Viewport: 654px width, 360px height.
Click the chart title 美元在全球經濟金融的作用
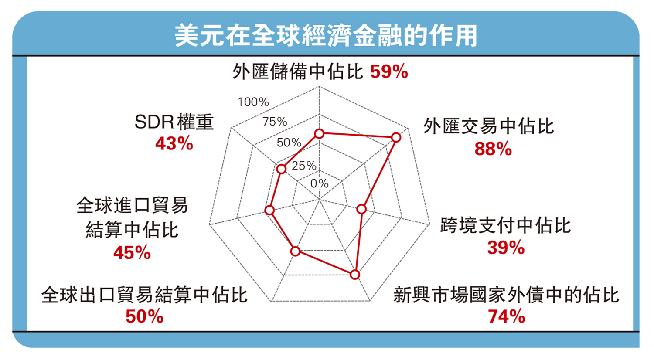pyautogui.click(x=326, y=35)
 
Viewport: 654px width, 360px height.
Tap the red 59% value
pyautogui.click(x=389, y=71)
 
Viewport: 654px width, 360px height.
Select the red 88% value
pyautogui.click(x=493, y=149)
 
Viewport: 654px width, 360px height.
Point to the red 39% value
pyautogui.click(x=506, y=248)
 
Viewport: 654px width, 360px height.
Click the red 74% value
pyautogui.click(x=506, y=316)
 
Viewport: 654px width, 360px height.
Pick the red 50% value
pyautogui.click(x=144, y=316)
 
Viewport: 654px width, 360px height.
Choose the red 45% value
pyautogui.click(x=132, y=253)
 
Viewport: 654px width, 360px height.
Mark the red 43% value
pyautogui.click(x=174, y=144)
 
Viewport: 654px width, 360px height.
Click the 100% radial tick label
pyautogui.click(x=253, y=102)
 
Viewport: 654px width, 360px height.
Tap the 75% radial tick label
pyautogui.click(x=275, y=122)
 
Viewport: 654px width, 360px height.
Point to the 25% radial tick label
pyautogui.click(x=304, y=166)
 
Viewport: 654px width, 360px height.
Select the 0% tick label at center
pyautogui.click(x=320, y=183)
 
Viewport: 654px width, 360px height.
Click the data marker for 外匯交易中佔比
pyautogui.click(x=396, y=138)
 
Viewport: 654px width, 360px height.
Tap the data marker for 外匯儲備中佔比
pyautogui.click(x=320, y=134)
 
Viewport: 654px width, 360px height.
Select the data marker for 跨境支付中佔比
pyautogui.click(x=361, y=209)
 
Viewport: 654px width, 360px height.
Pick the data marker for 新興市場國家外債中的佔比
pyautogui.click(x=355, y=275)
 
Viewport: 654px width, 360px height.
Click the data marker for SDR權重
pyautogui.click(x=281, y=169)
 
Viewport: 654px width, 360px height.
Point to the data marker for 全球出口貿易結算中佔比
pyautogui.click(x=296, y=251)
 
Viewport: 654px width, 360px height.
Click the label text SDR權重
pyautogui.click(x=174, y=122)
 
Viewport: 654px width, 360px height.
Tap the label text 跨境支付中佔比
pyautogui.click(x=505, y=225)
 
